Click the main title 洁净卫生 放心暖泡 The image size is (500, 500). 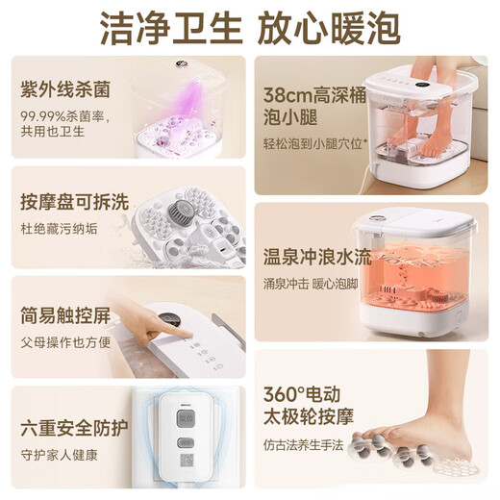[250, 28]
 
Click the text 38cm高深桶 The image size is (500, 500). [313, 94]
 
